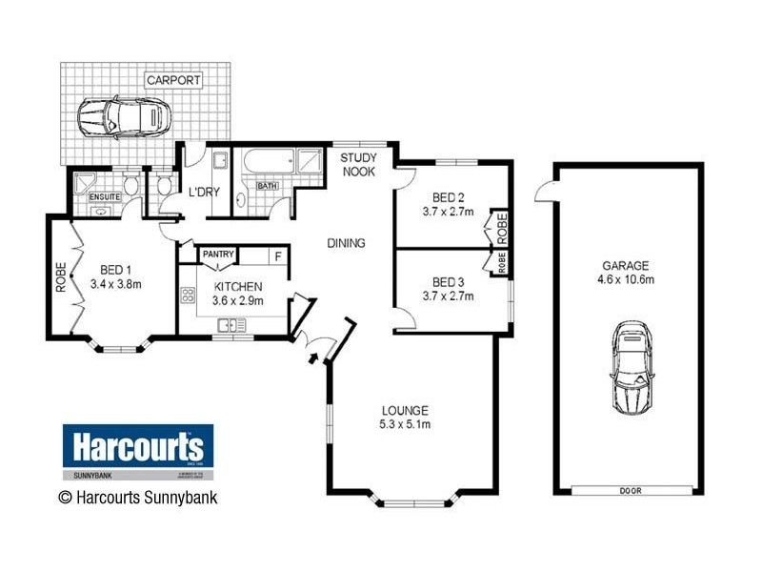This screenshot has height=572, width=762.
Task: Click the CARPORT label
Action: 173,80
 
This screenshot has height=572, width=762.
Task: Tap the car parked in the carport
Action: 125,118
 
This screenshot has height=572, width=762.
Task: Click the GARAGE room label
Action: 625,265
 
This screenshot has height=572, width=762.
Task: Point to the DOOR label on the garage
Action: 630,491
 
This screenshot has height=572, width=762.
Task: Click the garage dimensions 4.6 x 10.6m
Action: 625,279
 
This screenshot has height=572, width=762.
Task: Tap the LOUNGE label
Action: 405,410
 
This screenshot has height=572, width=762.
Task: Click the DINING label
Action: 347,243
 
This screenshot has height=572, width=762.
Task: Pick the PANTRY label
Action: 218,255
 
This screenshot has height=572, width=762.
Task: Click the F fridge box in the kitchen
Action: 278,255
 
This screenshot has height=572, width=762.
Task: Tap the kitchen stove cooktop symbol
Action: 188,295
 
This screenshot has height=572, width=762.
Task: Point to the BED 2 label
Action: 447,198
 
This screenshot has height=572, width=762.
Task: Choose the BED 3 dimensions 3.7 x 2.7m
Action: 447,296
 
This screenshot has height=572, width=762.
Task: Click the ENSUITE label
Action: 102,197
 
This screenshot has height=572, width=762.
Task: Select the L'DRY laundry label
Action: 204,192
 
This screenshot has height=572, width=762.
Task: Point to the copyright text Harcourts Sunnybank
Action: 138,496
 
